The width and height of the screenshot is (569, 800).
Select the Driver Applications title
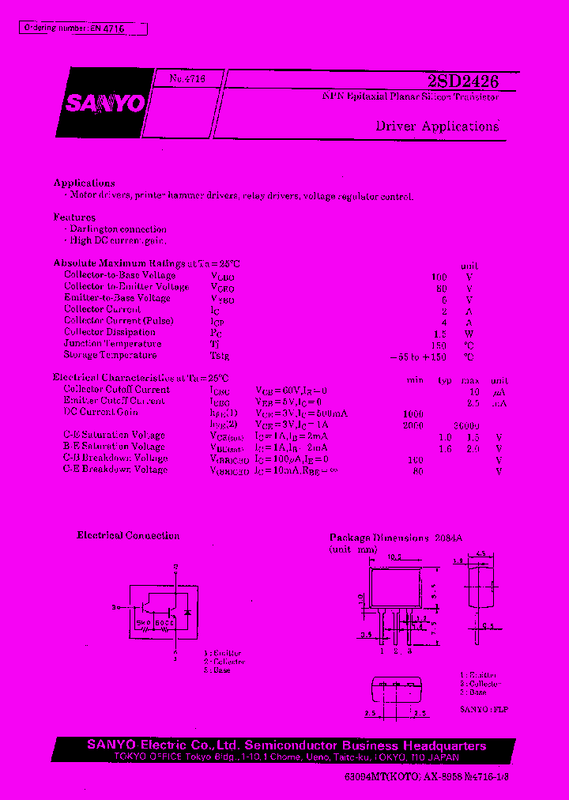point(437,126)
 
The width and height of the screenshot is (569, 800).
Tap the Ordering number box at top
point(83,28)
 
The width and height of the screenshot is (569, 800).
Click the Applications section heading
point(85,183)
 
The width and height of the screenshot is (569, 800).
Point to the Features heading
point(75,217)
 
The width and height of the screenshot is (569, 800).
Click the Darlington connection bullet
point(118,229)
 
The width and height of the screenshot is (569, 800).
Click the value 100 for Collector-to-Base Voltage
point(439,277)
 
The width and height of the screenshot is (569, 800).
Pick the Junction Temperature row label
point(112,344)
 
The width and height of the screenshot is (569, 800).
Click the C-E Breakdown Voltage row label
point(115,470)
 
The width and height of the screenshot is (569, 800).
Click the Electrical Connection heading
point(128,536)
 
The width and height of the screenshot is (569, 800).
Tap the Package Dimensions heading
point(395,537)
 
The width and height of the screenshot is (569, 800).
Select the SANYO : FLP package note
point(484,709)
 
